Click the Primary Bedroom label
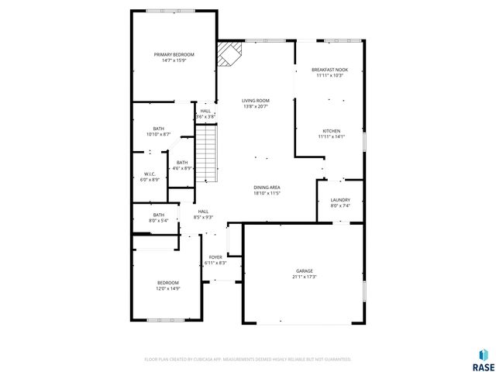[x=174, y=54]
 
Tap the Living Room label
[x=255, y=101]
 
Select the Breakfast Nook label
[x=329, y=70]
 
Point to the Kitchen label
[x=331, y=131]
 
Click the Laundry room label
[x=340, y=200]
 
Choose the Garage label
[x=305, y=271]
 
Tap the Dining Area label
[x=266, y=188]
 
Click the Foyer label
[x=215, y=257]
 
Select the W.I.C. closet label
[x=150, y=174]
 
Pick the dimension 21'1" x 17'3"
[x=305, y=277]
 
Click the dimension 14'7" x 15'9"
[x=174, y=60]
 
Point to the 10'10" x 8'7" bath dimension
[x=158, y=134]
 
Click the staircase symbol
[x=205, y=154]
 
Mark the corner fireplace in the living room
[x=229, y=55]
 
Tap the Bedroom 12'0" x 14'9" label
[x=168, y=282]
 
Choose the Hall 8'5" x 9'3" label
[x=203, y=212]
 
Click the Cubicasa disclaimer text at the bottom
[x=248, y=360]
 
